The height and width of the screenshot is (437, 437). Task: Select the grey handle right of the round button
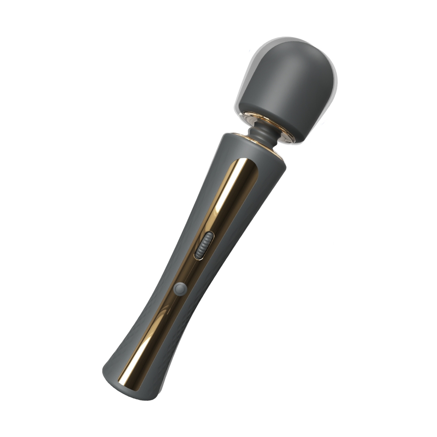click(x=201, y=297)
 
